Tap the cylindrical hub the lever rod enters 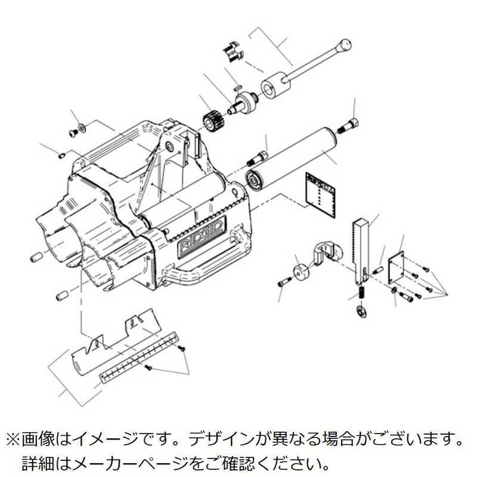[x=275, y=84]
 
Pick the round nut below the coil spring [x=360, y=310]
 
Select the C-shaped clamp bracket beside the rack [x=324, y=250]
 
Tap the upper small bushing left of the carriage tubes [x=36, y=258]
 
